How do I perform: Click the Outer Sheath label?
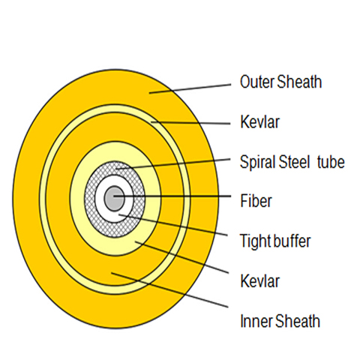coord(280,82)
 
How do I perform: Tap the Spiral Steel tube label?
coord(292,162)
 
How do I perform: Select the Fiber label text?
coord(256,201)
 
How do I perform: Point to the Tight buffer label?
coord(275,241)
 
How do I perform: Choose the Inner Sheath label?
coord(280,321)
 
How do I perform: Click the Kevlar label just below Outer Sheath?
coord(259,121)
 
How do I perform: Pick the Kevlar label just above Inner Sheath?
coord(259,281)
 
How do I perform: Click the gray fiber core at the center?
coord(115,199)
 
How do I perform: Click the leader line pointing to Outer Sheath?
coord(190,88)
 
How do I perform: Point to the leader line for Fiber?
coord(172,196)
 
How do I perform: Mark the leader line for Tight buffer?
coord(173,225)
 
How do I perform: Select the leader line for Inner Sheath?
coord(169,289)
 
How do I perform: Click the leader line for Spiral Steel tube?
coord(173,163)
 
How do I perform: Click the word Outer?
coord(257,82)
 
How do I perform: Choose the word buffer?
coord(292,241)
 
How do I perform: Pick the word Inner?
coord(256,321)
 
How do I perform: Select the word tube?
coord(331,162)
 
